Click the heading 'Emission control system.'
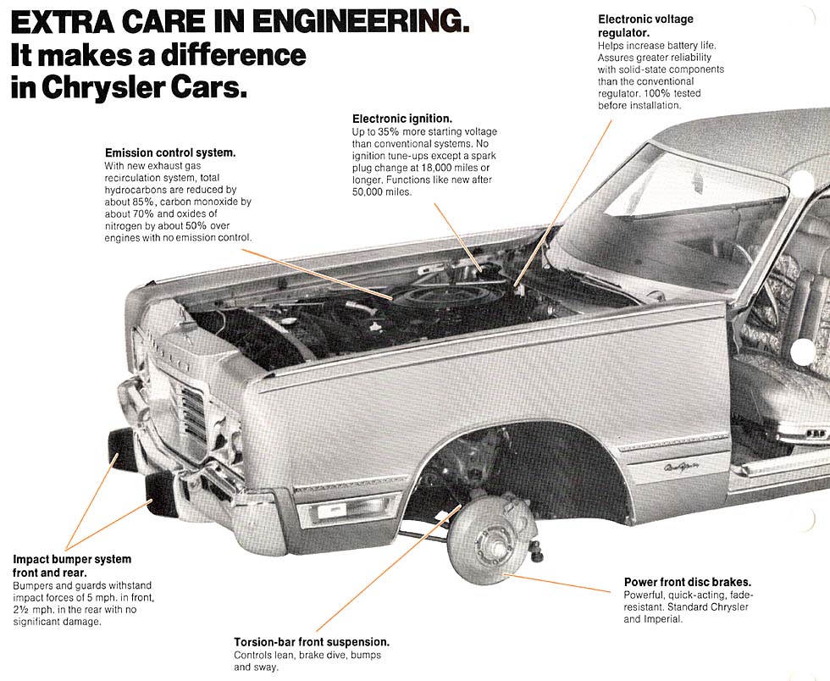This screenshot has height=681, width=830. [x=169, y=152]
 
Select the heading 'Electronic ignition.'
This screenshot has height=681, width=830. [x=402, y=119]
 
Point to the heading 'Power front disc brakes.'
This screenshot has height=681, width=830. [x=688, y=582]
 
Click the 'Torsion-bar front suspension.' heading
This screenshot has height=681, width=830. [x=312, y=642]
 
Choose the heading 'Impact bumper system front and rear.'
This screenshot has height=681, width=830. [x=72, y=566]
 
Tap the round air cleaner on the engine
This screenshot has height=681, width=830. [x=444, y=297]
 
